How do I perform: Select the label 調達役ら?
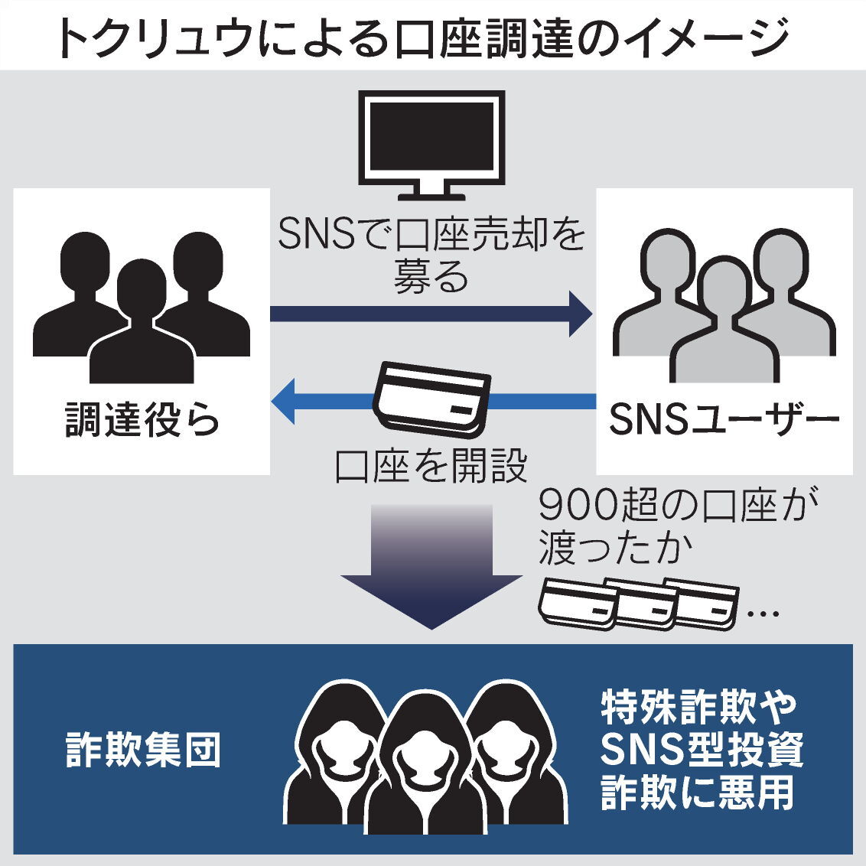click(142, 420)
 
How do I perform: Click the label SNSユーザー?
click(724, 420)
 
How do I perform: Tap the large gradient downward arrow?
click(431, 566)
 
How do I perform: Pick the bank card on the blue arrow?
click(432, 399)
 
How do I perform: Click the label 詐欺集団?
click(144, 750)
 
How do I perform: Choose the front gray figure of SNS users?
click(724, 321)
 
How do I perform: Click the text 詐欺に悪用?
click(698, 793)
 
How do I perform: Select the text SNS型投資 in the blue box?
click(701, 750)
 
